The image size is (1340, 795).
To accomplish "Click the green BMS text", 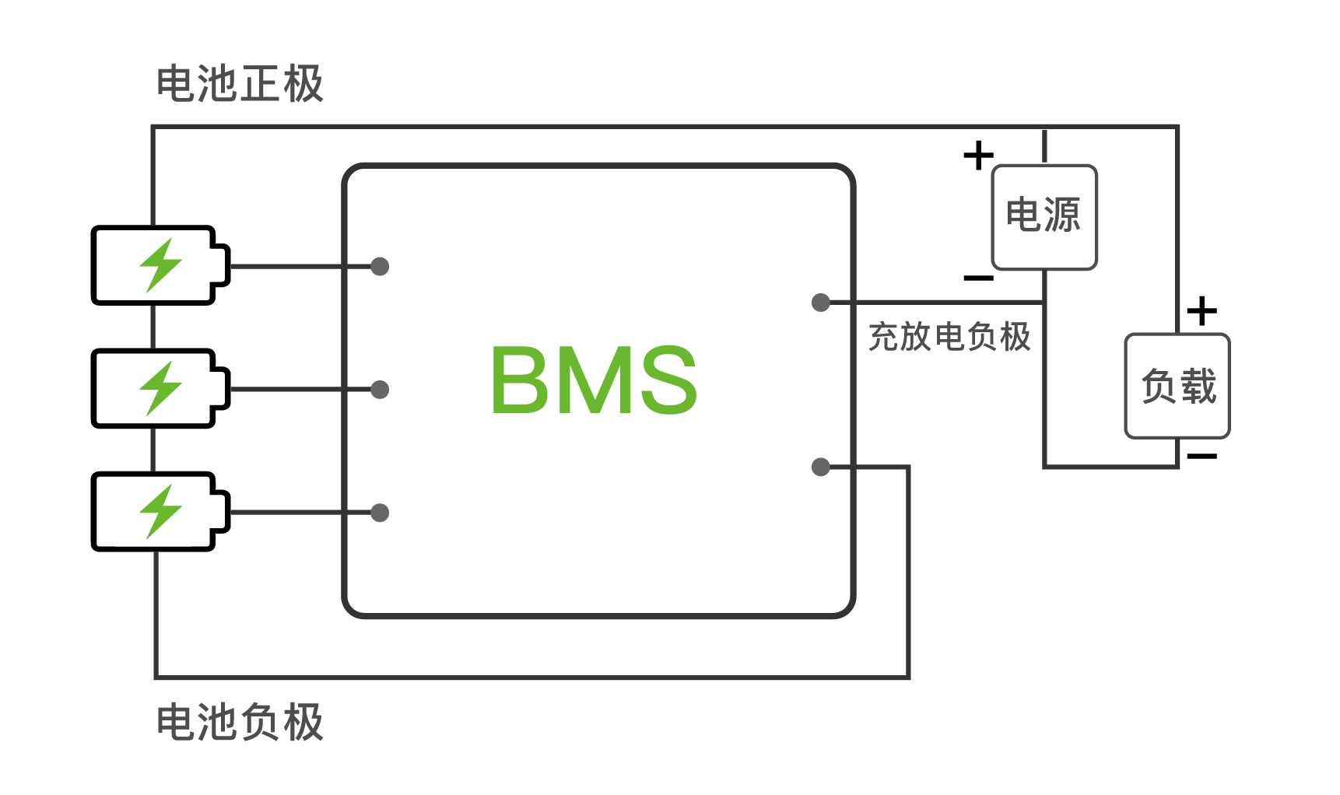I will click(594, 380).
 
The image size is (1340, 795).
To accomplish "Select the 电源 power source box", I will click(1044, 217).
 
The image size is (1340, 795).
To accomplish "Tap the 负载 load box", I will click(1177, 386).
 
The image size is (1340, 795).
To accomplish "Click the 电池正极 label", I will click(240, 84).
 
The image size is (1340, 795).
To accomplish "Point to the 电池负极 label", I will click(240, 722).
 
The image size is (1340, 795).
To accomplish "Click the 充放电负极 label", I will click(949, 337).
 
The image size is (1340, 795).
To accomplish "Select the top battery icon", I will click(160, 265).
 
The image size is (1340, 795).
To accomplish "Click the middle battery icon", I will click(160, 388).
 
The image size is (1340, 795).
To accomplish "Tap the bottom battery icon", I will click(160, 511).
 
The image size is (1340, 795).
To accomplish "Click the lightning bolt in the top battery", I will click(160, 265).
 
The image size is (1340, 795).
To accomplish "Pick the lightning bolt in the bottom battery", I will click(160, 511).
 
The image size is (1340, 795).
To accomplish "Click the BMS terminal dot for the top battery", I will click(380, 267).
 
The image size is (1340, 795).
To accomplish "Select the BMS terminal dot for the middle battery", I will click(380, 390).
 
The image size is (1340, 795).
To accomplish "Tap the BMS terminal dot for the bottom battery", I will click(380, 513).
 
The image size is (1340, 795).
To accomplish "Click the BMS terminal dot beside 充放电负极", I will click(821, 303).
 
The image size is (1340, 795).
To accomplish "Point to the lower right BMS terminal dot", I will click(821, 467).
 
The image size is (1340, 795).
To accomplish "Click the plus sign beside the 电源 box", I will click(978, 156).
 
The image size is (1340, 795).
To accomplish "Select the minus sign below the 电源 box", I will click(978, 278).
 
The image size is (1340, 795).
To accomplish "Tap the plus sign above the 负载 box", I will click(1201, 311).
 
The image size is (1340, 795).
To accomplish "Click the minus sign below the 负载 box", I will click(1201, 456).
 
